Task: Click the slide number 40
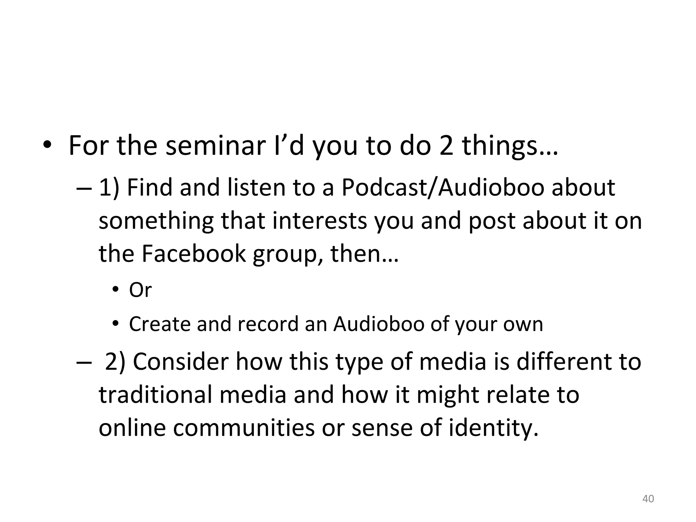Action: (648, 499)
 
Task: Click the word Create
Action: (159, 324)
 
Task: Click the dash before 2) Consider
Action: (83, 362)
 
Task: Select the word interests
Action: (320, 221)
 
